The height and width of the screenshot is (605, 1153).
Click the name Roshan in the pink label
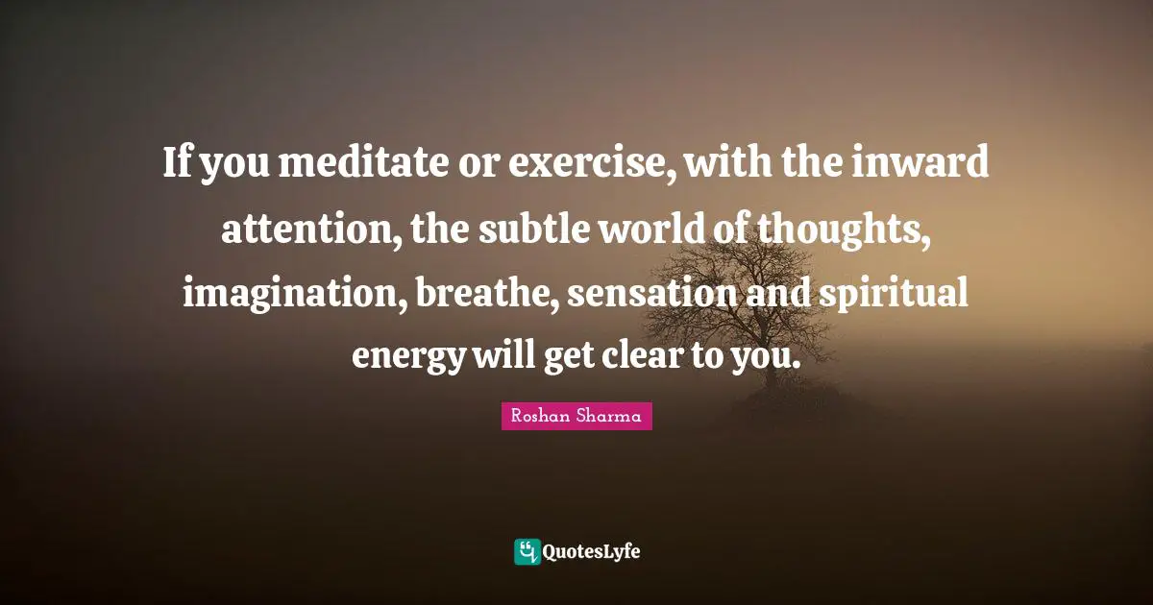click(541, 417)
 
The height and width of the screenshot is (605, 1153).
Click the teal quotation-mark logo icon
click(527, 551)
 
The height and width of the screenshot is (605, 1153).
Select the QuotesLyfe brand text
click(592, 551)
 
